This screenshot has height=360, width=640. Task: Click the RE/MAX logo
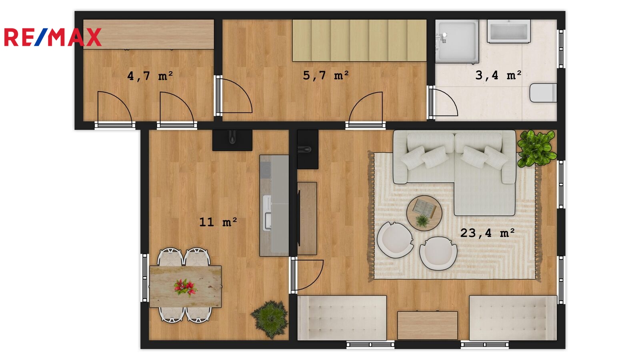pyautogui.click(x=53, y=37)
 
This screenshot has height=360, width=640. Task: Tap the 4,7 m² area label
pyautogui.click(x=150, y=76)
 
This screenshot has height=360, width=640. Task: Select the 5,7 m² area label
pyautogui.click(x=326, y=76)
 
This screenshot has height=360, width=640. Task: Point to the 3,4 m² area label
pyautogui.click(x=498, y=75)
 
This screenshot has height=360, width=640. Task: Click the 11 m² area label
pyautogui.click(x=218, y=222)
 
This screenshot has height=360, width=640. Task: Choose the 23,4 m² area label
pyautogui.click(x=488, y=233)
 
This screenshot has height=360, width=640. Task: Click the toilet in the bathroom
pyautogui.click(x=543, y=92)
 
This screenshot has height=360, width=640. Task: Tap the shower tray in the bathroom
pyautogui.click(x=457, y=42)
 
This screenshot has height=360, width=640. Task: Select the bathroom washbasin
pyautogui.click(x=508, y=32)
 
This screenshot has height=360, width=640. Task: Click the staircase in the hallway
pyautogui.click(x=360, y=40)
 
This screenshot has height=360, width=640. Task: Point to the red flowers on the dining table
pyautogui.click(x=185, y=287)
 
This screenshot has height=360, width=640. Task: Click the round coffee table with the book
pyautogui.click(x=424, y=213)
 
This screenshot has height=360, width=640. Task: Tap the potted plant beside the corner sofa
pyautogui.click(x=536, y=148)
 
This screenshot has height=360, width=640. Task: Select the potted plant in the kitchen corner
pyautogui.click(x=270, y=320)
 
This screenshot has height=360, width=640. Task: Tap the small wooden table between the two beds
pyautogui.click(x=428, y=326)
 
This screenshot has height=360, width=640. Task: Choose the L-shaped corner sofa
pyautogui.click(x=454, y=172)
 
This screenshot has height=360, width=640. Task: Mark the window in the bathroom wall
pyautogui.click(x=561, y=49)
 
